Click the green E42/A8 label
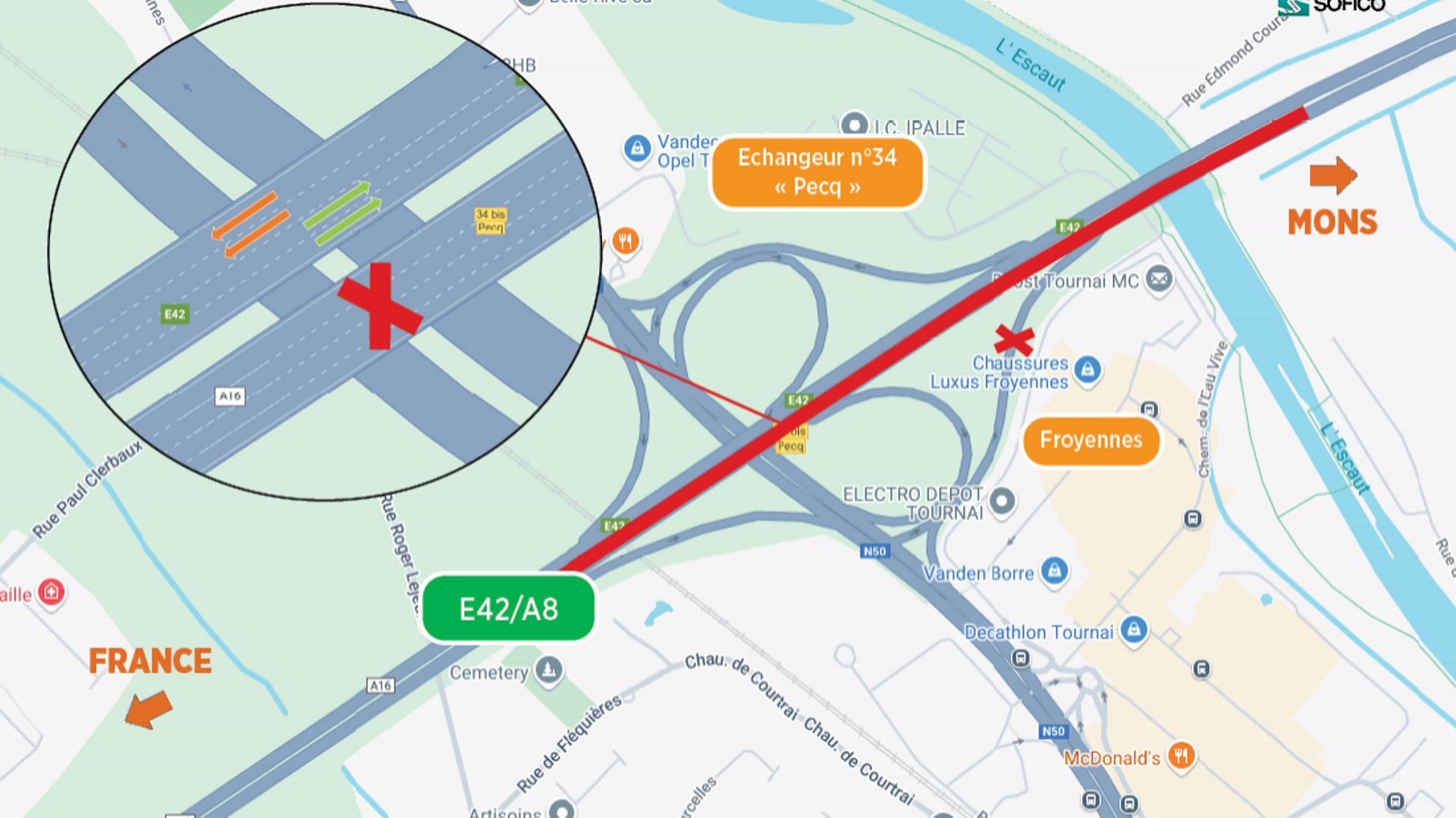click(508, 609)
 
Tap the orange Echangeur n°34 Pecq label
click(817, 172)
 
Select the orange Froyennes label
click(1090, 440)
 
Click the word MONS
click(1332, 223)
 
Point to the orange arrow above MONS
click(1332, 176)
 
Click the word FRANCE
click(150, 661)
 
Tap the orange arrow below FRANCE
click(149, 710)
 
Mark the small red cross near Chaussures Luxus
click(1014, 340)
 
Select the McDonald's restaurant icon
click(1181, 755)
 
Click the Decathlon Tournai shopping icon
click(1134, 629)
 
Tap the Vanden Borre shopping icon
click(1054, 570)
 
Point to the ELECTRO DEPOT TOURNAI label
click(913, 503)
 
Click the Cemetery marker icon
click(548, 670)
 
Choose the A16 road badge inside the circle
click(230, 396)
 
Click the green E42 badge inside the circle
click(174, 314)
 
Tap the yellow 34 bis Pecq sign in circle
click(490, 221)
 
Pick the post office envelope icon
click(1159, 279)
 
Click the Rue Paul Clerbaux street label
click(87, 489)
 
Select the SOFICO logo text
click(1348, 6)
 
